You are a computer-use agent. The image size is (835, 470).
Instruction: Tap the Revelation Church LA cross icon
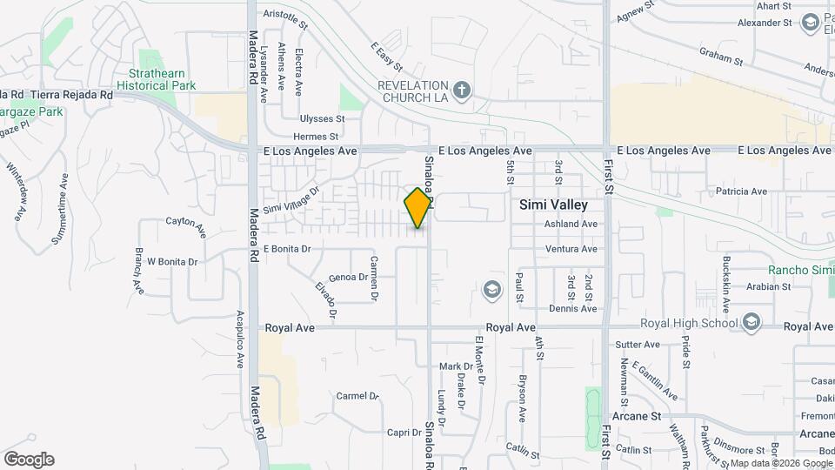coord(462,89)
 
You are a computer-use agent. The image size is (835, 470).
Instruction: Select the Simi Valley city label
coord(553,205)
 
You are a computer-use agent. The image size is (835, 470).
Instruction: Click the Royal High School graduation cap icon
coord(751,324)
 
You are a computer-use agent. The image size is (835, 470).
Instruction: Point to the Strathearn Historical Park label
coord(162,80)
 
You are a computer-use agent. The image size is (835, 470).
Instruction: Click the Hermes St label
coord(316,137)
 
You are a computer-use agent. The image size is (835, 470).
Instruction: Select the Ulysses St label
coord(322,118)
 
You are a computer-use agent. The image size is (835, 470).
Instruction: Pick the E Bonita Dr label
coord(287,249)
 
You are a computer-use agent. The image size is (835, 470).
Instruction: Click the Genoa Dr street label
coord(348,278)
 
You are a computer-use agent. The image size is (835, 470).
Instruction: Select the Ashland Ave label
coord(571,224)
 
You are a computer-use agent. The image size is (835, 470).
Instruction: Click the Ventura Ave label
coord(571,249)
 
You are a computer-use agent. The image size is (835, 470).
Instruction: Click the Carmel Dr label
coord(357,396)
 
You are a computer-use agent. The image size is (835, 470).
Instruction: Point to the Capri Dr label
coord(404,433)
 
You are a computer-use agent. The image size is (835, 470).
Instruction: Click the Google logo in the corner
coord(29,459)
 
